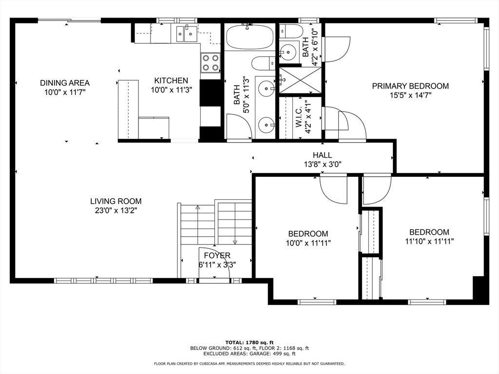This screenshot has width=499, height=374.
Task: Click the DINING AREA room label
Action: (x=65, y=83)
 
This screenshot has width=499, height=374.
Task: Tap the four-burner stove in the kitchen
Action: (x=210, y=63)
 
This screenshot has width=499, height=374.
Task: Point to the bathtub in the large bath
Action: (x=250, y=37)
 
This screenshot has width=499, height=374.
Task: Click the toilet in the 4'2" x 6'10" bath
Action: (x=291, y=31)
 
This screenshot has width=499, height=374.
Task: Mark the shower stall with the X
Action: (x=300, y=80)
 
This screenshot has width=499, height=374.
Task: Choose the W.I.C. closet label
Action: (x=300, y=117)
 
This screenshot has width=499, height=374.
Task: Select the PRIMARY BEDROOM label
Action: (x=410, y=86)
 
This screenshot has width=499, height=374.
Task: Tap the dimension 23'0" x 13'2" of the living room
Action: (x=116, y=210)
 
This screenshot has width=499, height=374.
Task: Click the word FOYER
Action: (x=217, y=256)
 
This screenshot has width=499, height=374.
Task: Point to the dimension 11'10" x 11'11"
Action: (x=429, y=241)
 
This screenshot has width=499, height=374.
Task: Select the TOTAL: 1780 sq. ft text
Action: (x=249, y=342)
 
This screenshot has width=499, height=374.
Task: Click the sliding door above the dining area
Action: (x=69, y=20)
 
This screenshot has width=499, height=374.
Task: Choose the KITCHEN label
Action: (x=171, y=80)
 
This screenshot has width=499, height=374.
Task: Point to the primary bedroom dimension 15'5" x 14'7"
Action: (x=410, y=95)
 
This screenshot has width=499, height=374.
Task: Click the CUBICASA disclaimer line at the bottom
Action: (x=249, y=364)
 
